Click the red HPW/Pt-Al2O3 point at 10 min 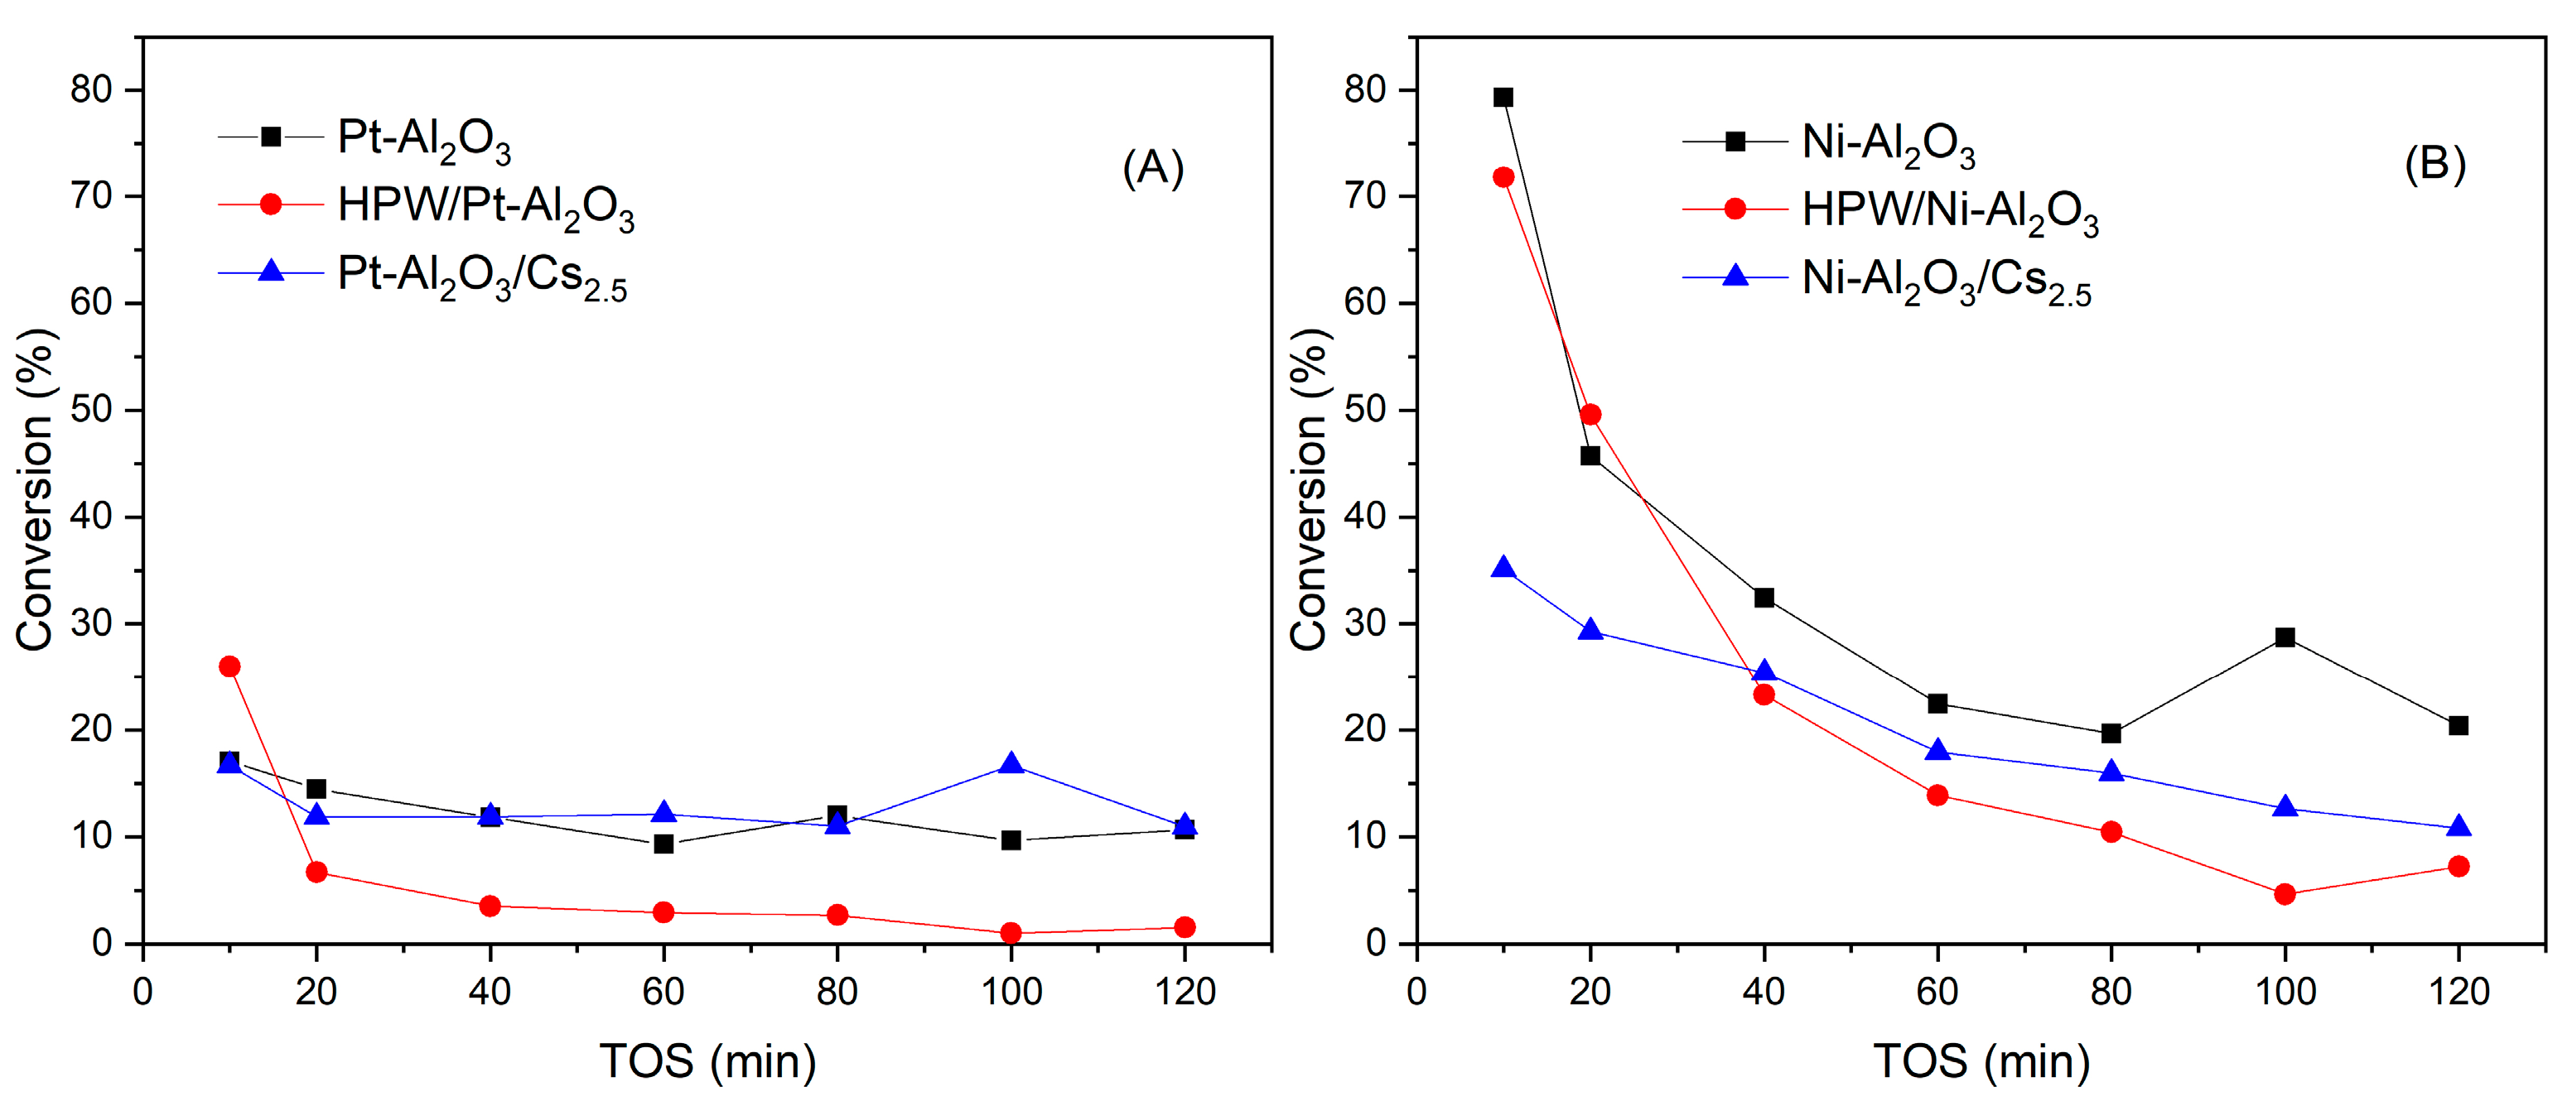[229, 666]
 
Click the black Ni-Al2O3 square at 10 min [1503, 97]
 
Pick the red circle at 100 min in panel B [2285, 894]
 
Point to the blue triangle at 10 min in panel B [1503, 569]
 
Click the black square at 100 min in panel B [2285, 637]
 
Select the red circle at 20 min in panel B [1590, 414]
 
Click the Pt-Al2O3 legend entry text [423, 139]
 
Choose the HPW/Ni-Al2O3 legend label [1949, 212]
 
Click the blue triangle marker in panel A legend [271, 272]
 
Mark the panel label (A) [1153, 168]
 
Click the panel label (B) [2434, 164]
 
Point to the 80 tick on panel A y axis [91, 90]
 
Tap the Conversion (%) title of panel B [1309, 489]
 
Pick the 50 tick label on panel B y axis [1365, 411]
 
